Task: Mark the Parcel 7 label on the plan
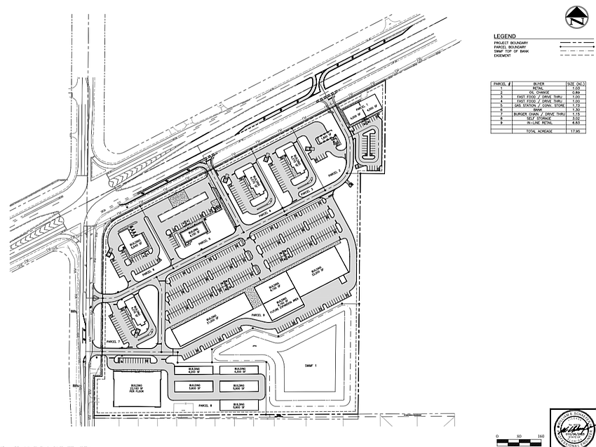(114, 341)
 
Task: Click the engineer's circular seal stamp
(569, 427)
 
